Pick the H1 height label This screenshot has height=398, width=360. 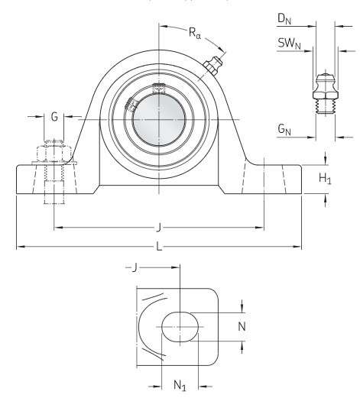(325, 178)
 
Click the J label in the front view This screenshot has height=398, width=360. (157, 226)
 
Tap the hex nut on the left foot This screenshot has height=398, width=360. (52, 153)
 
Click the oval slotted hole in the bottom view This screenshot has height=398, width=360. (180, 325)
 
